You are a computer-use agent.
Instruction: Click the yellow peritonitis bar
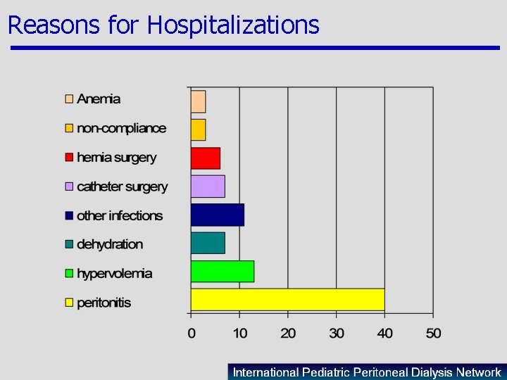(287, 300)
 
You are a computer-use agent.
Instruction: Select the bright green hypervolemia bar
(223, 271)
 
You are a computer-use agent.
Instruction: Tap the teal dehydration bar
(208, 243)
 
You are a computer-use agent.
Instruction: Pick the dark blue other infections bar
(218, 215)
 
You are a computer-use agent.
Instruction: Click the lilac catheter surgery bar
(208, 186)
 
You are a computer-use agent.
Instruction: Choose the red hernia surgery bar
(206, 158)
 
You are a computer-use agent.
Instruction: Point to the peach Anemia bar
(199, 102)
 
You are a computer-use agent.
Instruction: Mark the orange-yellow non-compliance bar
(199, 130)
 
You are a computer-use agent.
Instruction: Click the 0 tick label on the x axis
(192, 332)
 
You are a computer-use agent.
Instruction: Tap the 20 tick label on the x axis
(288, 332)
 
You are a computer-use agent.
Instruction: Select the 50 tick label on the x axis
(433, 332)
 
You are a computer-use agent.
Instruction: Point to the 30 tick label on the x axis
(337, 332)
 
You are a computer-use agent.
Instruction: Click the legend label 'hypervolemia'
(114, 274)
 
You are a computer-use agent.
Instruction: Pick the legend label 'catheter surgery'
(122, 186)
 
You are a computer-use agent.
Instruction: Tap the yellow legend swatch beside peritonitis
(69, 303)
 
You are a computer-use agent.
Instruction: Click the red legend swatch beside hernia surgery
(69, 158)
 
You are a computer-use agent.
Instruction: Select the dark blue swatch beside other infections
(69, 215)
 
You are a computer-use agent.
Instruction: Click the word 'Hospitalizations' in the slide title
(233, 25)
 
